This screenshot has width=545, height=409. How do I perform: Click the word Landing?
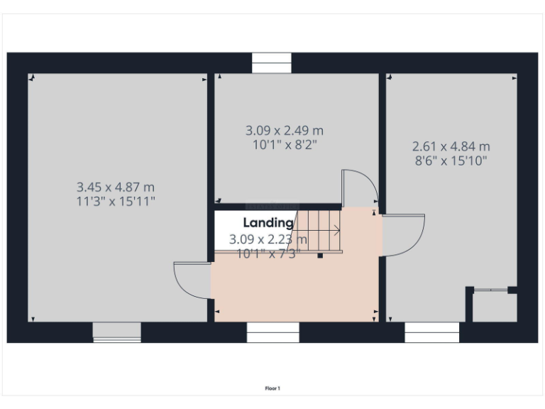click(x=268, y=223)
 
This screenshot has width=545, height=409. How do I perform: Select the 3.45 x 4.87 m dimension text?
click(x=116, y=187)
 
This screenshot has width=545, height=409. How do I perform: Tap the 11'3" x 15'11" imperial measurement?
click(x=116, y=201)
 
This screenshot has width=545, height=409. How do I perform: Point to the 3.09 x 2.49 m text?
click(x=284, y=131)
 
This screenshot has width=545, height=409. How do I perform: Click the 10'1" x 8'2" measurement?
click(x=284, y=144)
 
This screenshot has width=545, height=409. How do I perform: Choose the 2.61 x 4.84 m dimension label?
click(x=451, y=146)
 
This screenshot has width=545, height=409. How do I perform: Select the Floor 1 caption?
click(x=272, y=388)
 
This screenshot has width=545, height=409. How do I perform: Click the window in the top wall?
click(x=272, y=64)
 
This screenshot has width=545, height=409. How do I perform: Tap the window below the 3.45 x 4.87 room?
click(x=116, y=332)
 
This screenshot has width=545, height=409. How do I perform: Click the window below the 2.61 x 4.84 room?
click(x=431, y=332)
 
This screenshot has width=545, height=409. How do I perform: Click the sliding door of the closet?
click(x=491, y=289)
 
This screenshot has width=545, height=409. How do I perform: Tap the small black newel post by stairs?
click(x=320, y=255)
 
